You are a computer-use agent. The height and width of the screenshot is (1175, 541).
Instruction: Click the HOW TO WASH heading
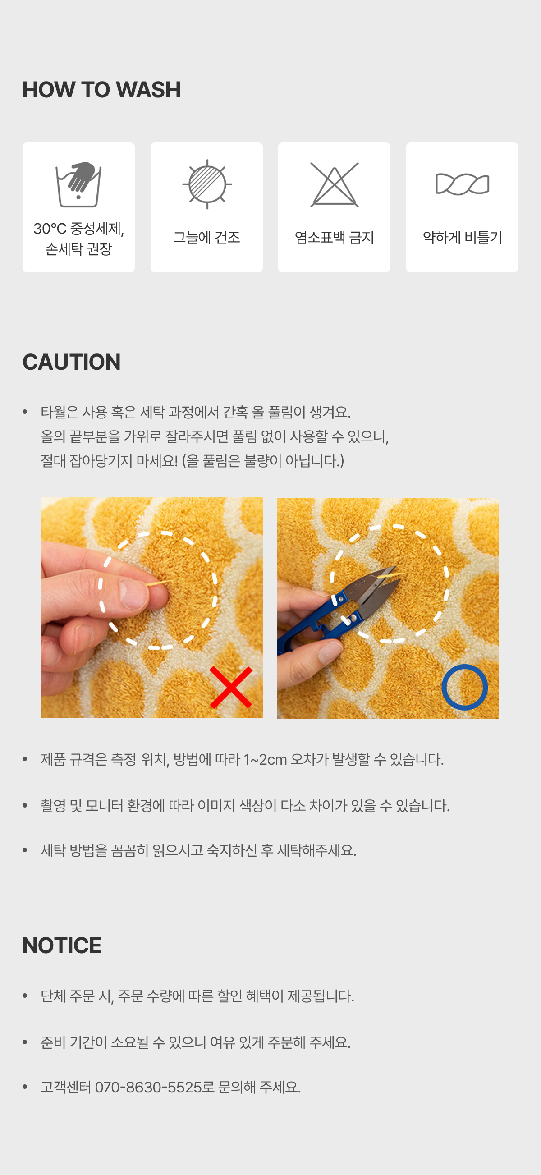click(102, 89)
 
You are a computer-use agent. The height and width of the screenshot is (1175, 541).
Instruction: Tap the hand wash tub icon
click(78, 184)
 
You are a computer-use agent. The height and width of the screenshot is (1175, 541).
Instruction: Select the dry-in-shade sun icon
click(207, 184)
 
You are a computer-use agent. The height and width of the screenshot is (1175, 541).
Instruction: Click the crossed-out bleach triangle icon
click(335, 185)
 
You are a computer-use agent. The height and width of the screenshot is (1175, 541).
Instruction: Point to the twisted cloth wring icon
click(462, 184)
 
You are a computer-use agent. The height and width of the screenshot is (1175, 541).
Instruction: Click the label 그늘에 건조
click(206, 238)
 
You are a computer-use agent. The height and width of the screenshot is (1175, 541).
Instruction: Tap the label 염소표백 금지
click(335, 238)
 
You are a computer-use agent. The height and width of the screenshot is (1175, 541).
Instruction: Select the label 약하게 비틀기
click(462, 238)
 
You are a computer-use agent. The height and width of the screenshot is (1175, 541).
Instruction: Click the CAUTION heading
click(72, 362)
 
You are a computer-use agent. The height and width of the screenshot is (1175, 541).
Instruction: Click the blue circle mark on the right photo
click(464, 687)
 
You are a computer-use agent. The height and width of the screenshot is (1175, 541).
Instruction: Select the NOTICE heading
click(62, 946)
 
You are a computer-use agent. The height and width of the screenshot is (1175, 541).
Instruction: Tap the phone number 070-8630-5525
click(148, 1088)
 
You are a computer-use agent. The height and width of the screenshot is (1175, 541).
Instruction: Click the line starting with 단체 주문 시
click(197, 996)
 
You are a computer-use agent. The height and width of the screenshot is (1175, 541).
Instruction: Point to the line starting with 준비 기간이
click(196, 1043)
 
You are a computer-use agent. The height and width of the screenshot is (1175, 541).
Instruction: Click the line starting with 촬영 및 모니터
click(245, 806)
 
